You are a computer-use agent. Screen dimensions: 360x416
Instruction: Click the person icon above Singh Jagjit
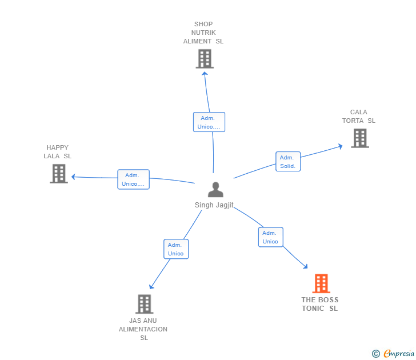(x=215, y=189)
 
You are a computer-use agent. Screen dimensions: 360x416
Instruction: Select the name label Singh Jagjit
(x=214, y=205)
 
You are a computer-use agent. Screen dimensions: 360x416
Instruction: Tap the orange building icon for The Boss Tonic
(x=321, y=283)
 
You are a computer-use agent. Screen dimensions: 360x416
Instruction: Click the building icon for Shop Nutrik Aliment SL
(x=205, y=59)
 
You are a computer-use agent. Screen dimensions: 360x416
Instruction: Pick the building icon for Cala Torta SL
(x=359, y=138)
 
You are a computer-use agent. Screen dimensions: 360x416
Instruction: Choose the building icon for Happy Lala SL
(x=59, y=174)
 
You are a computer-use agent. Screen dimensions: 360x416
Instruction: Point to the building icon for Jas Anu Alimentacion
(x=144, y=304)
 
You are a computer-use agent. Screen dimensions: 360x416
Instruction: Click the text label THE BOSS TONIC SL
(x=320, y=304)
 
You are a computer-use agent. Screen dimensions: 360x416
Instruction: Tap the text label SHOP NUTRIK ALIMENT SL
(x=203, y=33)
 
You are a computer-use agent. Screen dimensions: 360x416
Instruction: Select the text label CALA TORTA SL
(x=359, y=117)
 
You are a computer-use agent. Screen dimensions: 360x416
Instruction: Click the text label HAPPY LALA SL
(x=58, y=152)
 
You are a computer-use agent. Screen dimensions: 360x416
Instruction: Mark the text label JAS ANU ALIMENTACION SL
(x=143, y=329)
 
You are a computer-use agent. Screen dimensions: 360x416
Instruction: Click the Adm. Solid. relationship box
(x=287, y=162)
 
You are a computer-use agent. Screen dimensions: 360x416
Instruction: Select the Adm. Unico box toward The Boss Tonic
(x=270, y=237)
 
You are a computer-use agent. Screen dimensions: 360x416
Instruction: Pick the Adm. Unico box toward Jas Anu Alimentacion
(x=176, y=249)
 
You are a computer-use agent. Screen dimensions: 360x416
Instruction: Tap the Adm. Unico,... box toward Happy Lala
(x=133, y=179)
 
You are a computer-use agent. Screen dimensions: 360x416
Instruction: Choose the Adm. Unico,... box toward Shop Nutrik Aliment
(x=209, y=122)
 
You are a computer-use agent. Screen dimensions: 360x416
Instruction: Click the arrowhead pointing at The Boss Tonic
(x=306, y=266)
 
